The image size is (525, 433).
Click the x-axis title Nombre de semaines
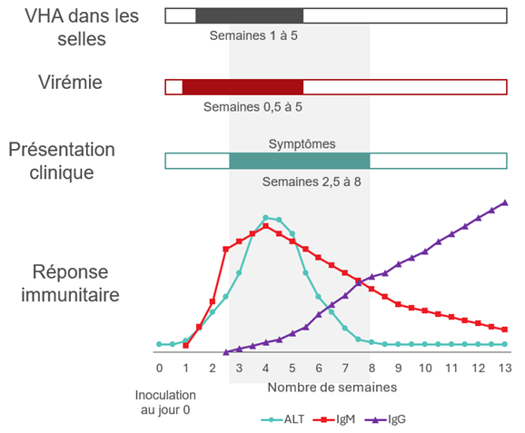332,388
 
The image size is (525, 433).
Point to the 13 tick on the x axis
505,368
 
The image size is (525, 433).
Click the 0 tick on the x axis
159,368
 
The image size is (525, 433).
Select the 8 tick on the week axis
371,368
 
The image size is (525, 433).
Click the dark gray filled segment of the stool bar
249,15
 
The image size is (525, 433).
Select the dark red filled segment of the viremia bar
243,87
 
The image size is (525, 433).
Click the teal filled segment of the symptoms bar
300,161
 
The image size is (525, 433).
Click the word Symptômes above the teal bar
302,143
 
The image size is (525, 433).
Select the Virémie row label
64,83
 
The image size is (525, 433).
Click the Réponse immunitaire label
71,282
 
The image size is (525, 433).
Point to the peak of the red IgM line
265,226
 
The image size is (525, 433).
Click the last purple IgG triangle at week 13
505,202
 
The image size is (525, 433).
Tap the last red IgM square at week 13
505,330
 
